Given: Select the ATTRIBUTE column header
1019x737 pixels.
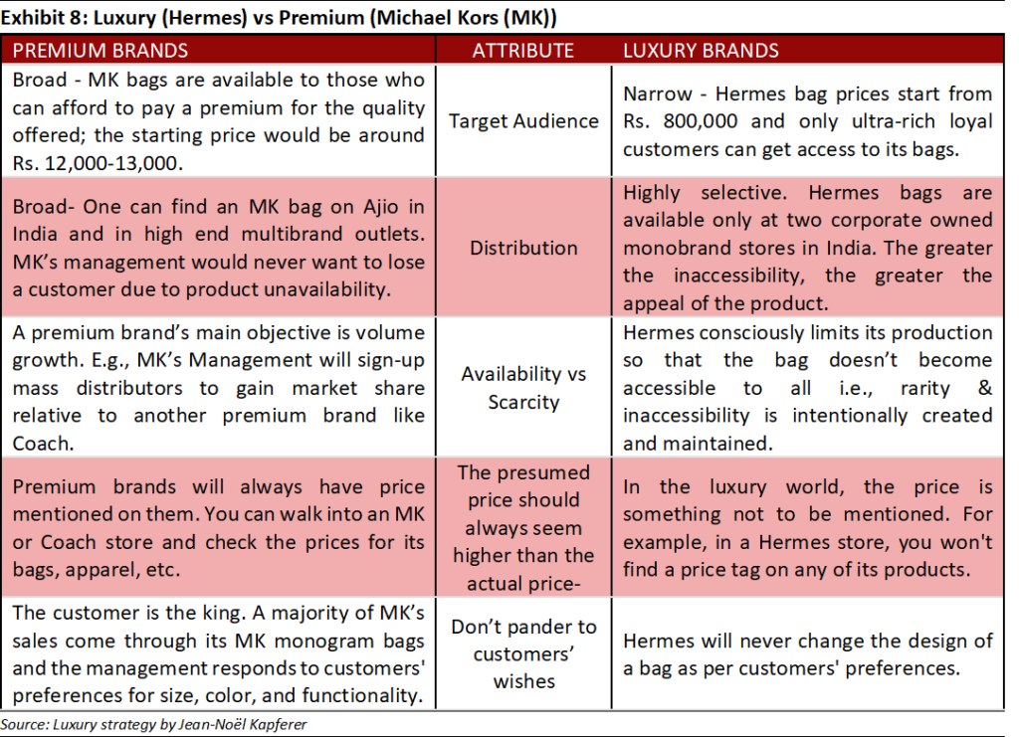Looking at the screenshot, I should tap(522, 50).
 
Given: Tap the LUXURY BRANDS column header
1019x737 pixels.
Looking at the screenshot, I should tap(701, 50).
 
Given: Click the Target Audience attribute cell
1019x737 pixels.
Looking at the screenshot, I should tap(523, 120).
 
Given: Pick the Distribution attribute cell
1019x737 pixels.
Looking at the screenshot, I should tap(523, 247).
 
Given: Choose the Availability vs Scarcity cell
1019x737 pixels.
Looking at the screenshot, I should tap(523, 388).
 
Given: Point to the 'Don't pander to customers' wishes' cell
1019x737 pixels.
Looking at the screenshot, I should tap(523, 653).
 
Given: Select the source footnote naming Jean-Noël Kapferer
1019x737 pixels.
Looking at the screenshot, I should tap(154, 725).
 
